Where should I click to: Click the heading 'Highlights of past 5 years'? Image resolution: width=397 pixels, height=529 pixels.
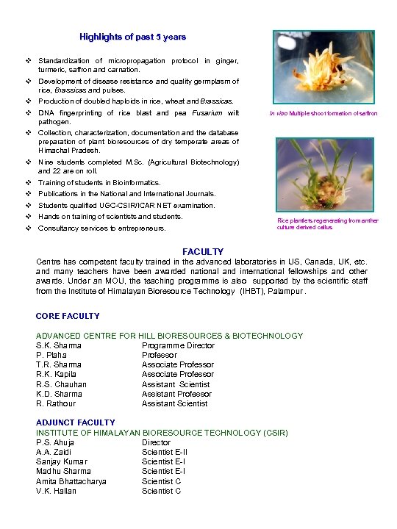coord(132,36)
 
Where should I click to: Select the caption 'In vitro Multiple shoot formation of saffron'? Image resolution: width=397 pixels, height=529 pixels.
coord(323,113)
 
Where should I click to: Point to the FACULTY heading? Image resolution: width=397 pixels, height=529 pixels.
coord(203,252)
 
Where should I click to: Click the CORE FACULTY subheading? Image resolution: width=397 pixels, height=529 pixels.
coord(68,316)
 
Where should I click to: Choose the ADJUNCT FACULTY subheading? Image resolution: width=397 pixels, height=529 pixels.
coord(76,422)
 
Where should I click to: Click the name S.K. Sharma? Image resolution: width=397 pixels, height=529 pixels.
coord(59,345)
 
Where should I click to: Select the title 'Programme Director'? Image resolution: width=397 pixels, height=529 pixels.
coord(178,345)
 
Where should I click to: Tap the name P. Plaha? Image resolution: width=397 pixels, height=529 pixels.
coord(51,355)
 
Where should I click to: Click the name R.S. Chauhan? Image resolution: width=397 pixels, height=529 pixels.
coord(61,384)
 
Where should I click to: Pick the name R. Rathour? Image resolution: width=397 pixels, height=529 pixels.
coord(56,403)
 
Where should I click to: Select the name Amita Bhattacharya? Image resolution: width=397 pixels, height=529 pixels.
coord(71,481)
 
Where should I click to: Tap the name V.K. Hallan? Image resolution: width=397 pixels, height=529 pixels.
coord(56,491)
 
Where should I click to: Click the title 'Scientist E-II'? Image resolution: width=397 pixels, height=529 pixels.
coord(164,452)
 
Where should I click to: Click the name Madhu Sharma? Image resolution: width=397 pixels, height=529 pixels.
coord(63,471)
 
